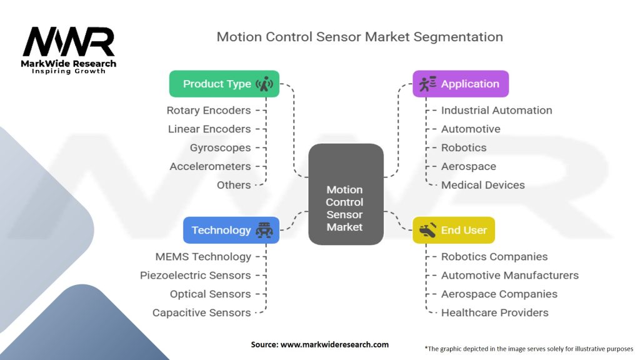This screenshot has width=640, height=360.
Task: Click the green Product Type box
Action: [x=224, y=84]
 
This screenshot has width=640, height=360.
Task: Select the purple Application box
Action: [x=461, y=84]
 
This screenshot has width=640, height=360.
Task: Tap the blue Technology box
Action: [x=231, y=230]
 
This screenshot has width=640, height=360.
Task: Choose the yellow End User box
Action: [x=454, y=230]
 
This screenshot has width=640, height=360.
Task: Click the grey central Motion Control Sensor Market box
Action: [x=346, y=194]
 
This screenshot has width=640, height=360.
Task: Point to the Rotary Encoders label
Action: [x=209, y=110]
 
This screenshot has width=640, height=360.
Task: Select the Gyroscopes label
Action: [x=221, y=147]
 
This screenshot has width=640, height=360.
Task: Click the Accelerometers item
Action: [x=210, y=166]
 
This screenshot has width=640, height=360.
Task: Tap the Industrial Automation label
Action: [x=496, y=110]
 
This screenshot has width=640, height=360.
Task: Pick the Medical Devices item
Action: [x=483, y=185]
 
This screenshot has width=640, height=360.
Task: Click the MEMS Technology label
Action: [x=203, y=257]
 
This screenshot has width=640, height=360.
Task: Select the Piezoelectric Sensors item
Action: [x=195, y=276]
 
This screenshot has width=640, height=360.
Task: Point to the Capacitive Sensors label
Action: [x=202, y=312]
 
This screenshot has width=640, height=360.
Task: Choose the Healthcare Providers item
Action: [x=495, y=312]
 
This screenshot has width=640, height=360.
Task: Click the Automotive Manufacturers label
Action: [x=510, y=276]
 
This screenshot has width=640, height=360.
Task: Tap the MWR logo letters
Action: [x=69, y=42]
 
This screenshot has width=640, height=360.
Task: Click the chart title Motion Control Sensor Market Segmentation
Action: [x=359, y=37]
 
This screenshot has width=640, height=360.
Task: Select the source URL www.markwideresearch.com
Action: [x=334, y=344]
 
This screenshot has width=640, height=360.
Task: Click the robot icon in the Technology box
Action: [x=264, y=230]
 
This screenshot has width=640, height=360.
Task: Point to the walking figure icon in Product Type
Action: [x=264, y=84]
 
